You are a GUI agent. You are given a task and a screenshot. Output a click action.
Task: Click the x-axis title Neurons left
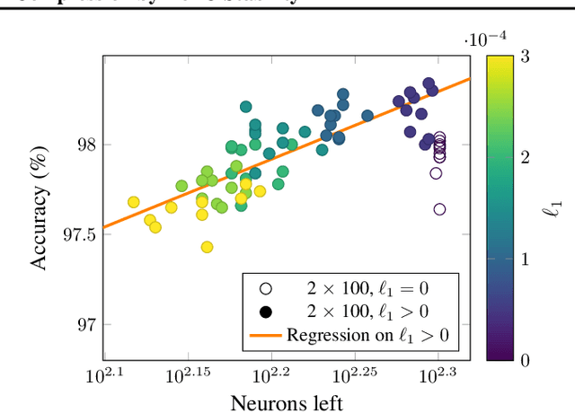[286, 401]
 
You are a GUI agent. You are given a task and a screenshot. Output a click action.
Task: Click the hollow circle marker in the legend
[265, 289]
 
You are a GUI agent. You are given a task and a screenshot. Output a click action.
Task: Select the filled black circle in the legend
[265, 312]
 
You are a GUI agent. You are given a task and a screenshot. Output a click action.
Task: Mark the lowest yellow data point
[207, 247]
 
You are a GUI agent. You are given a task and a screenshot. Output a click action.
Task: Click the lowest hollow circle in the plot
[439, 209]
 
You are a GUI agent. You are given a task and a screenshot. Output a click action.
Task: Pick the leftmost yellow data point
[133, 202]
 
